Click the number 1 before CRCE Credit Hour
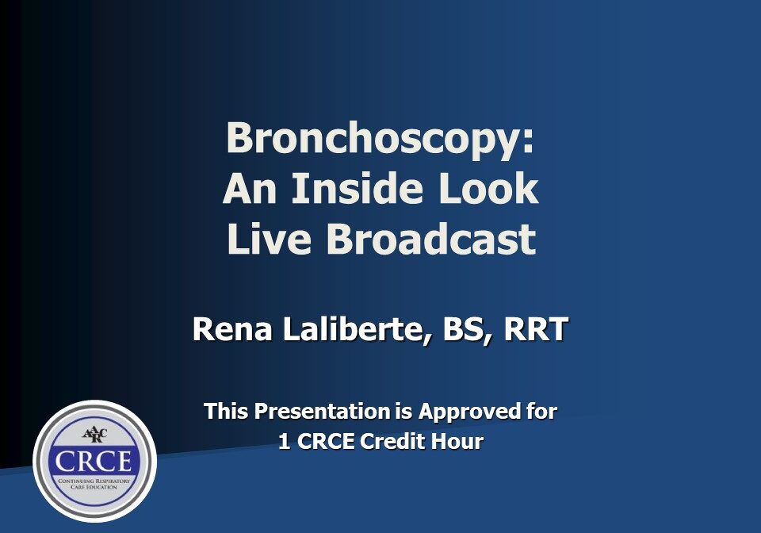point(284,442)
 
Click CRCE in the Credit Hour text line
point(326,442)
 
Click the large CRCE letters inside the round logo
point(94,462)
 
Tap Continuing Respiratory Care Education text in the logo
point(94,483)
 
